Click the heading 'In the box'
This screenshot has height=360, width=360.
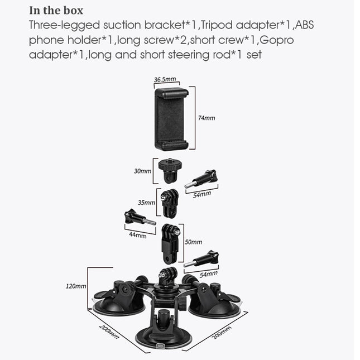pos(56,11)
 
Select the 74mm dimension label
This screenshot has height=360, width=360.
pos(206,118)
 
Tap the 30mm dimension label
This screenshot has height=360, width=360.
pos(142,171)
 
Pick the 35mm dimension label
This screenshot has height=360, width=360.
pos(146,202)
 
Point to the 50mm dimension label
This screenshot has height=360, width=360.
pos(194,242)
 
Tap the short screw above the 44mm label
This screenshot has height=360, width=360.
pos(139,218)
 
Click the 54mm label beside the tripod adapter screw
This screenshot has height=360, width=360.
pos(201,194)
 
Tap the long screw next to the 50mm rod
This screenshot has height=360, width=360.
pos(202,261)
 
